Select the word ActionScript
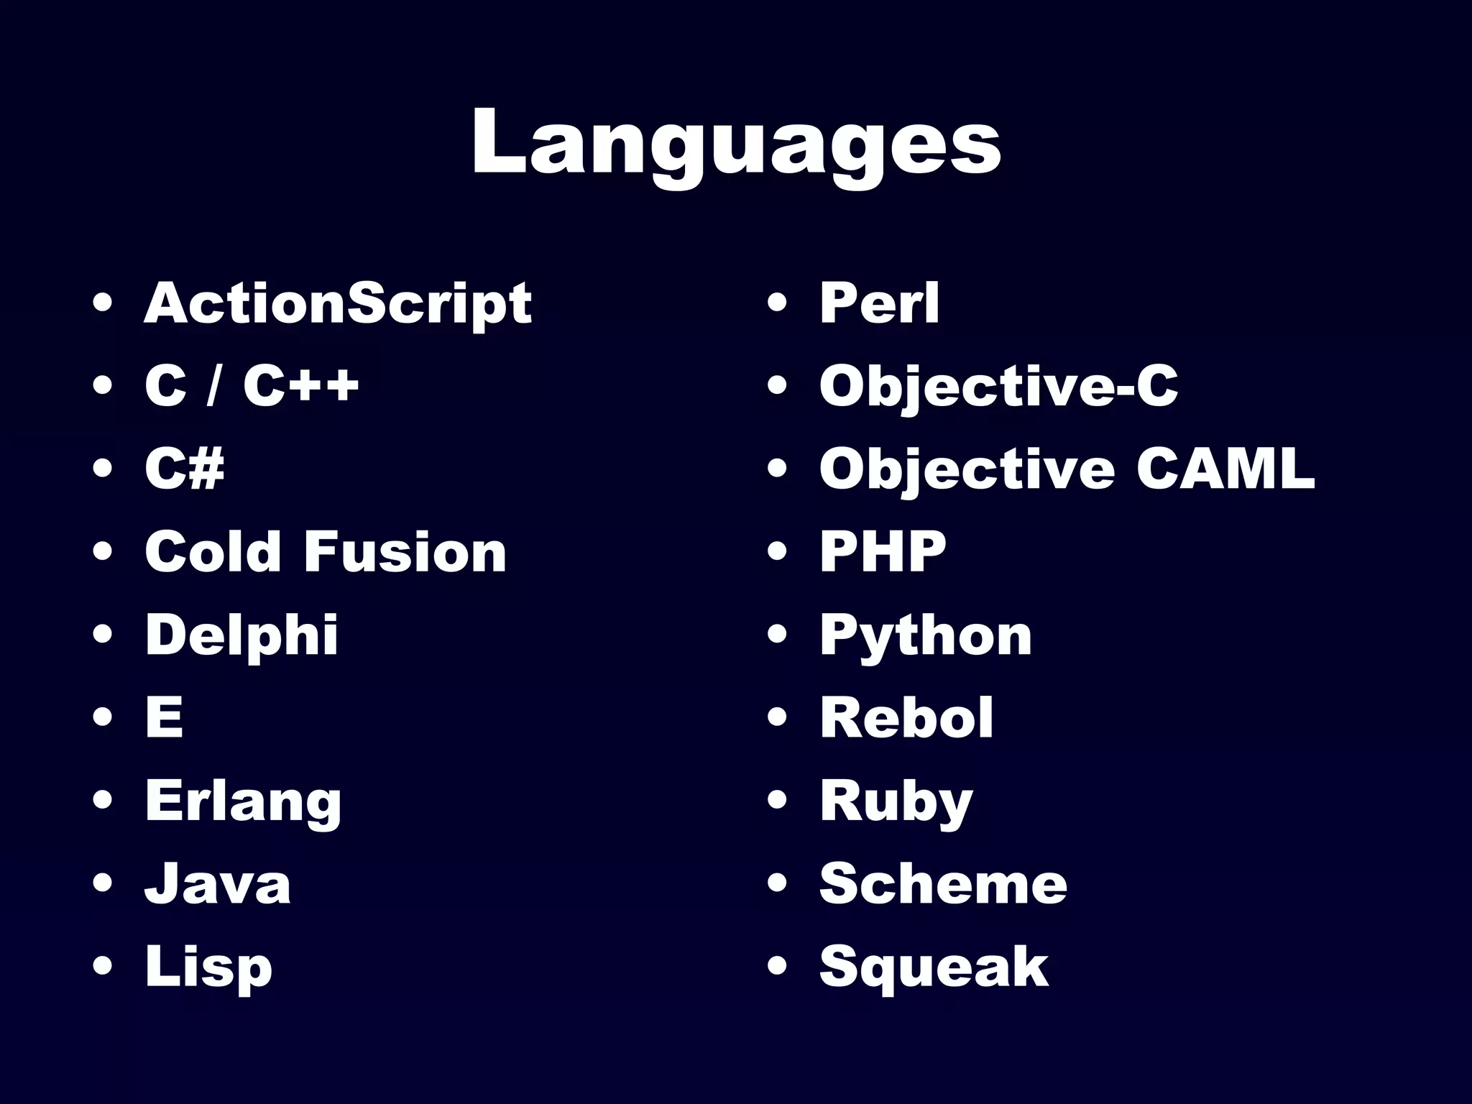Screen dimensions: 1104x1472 coord(338,304)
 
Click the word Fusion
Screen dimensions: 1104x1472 coord(406,552)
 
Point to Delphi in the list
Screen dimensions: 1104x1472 coord(241,635)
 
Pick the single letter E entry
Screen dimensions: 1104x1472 coord(164,717)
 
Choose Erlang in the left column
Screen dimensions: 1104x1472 coord(243,802)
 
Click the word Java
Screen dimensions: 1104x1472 coord(218,884)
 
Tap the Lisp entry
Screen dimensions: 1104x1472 coord(208,967)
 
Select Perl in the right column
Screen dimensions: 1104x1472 coord(879,304)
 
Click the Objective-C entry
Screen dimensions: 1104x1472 coord(998,387)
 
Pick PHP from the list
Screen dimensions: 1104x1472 coord(883,552)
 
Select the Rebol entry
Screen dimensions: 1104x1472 coord(906,717)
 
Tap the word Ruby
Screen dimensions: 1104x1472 coord(896,802)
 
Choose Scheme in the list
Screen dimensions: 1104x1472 coord(943,884)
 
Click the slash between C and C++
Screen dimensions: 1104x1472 coord(212,387)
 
